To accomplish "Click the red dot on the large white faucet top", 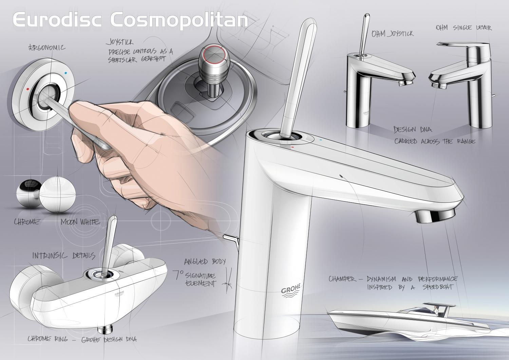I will coord(292,148).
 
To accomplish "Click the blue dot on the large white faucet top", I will coord(321,139).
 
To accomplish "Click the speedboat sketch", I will coord(390,317).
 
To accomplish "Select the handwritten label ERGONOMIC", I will coord(46,48).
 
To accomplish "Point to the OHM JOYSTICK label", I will coord(392,33).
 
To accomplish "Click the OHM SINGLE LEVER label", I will coord(464,28).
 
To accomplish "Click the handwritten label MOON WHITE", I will coord(80,222).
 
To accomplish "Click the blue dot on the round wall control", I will coord(65,73).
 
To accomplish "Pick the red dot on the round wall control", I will coord(27,90).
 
